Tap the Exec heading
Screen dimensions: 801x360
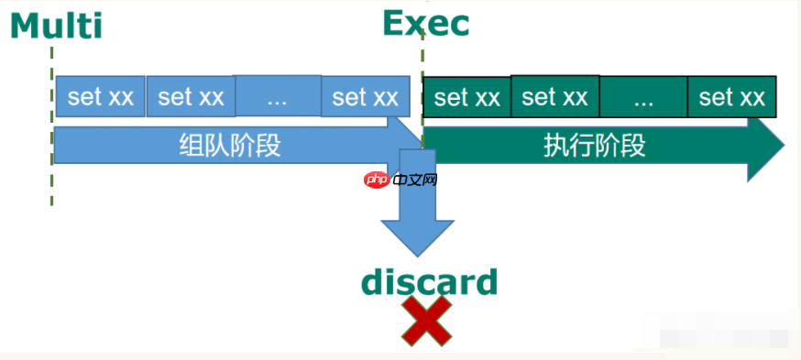click(x=425, y=23)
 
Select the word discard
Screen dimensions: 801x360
click(x=429, y=282)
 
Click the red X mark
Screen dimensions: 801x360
click(x=427, y=321)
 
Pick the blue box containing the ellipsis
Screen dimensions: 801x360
click(x=277, y=96)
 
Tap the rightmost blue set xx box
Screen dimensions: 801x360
click(x=365, y=96)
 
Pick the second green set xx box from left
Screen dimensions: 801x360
click(x=554, y=96)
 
